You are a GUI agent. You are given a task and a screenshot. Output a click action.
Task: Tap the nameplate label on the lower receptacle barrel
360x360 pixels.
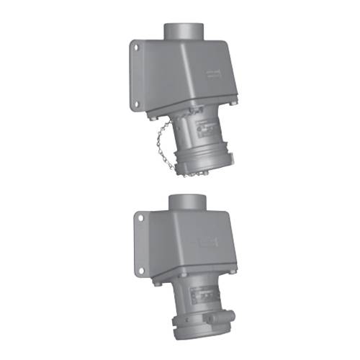(x=204, y=295)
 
